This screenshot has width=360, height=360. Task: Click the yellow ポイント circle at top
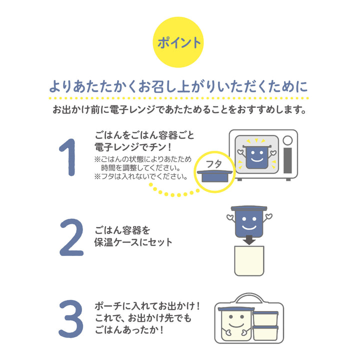(179, 43)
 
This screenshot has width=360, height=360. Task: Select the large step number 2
(70, 236)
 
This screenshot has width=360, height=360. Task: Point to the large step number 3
(70, 318)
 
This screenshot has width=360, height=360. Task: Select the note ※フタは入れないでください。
(140, 176)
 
